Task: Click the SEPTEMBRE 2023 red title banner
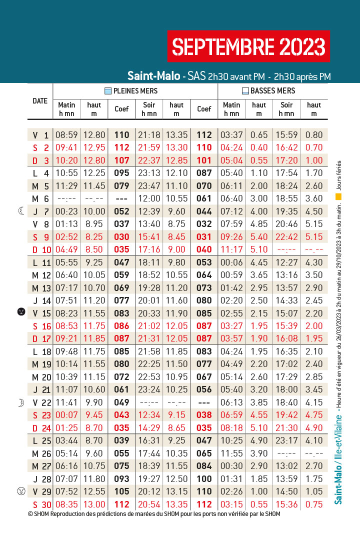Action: (248, 46)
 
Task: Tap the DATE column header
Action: (40, 101)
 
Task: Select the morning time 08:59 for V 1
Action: (66, 135)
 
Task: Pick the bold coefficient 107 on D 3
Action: (121, 161)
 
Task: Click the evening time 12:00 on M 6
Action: (148, 199)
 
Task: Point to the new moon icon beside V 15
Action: (20, 311)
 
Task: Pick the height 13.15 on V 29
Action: (176, 492)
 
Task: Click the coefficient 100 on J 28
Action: (204, 479)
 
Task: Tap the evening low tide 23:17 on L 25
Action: (286, 440)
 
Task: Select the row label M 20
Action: (41, 376)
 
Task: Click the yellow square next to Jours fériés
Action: (338, 197)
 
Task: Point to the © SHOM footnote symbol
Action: (30, 514)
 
